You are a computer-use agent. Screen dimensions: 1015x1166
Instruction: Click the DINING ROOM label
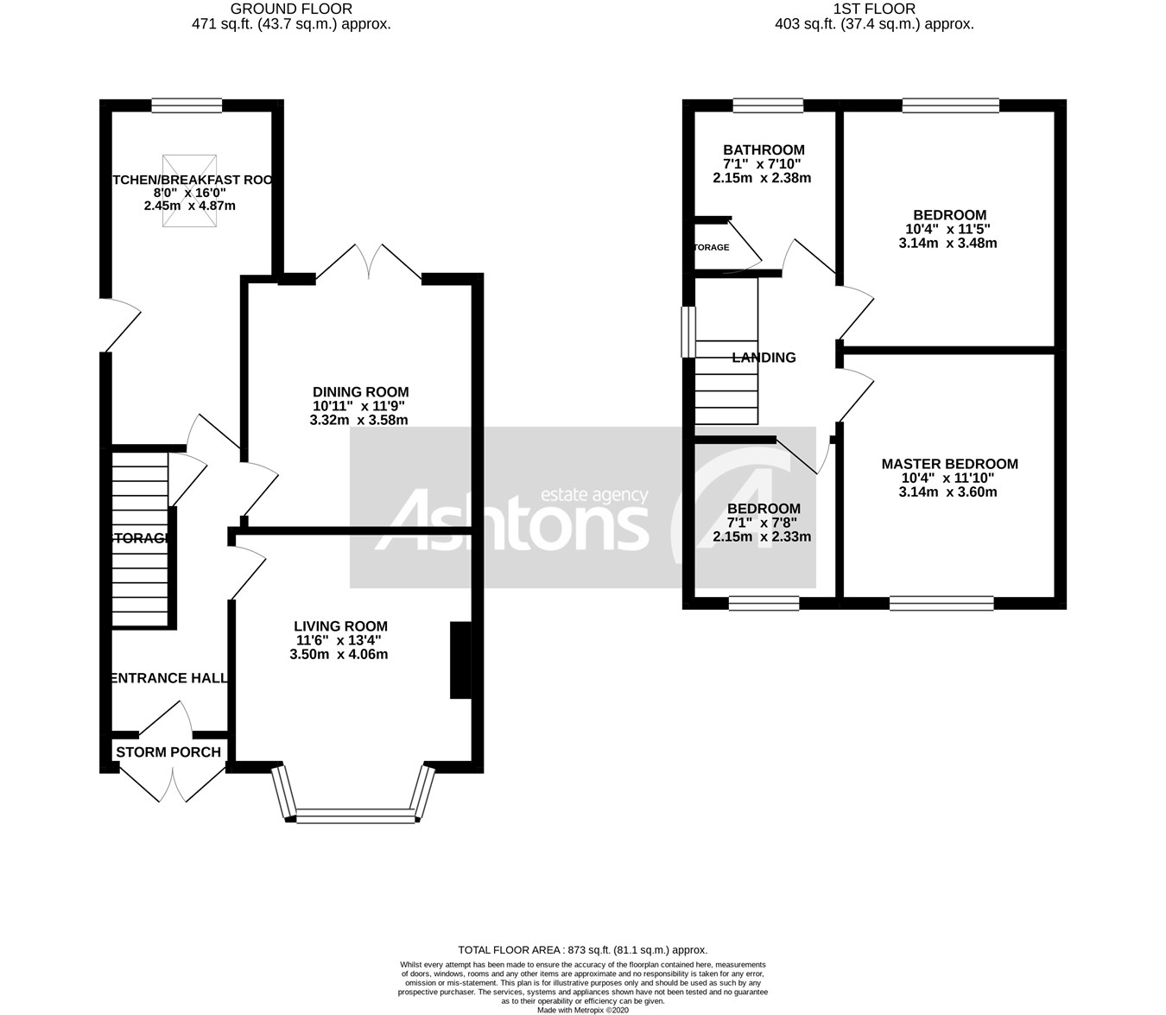pyautogui.click(x=360, y=392)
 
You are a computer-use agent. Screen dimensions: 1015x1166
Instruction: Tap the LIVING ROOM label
pyautogui.click(x=340, y=626)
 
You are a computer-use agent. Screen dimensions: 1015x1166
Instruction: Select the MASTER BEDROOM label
pyautogui.click(x=949, y=464)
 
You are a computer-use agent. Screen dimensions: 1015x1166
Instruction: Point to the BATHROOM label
pyautogui.click(x=764, y=150)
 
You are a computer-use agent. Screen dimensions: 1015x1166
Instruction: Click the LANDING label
pyautogui.click(x=764, y=358)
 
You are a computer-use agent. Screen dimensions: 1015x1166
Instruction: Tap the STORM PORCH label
pyautogui.click(x=168, y=752)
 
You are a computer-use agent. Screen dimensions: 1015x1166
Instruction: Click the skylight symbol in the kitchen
pyautogui.click(x=189, y=192)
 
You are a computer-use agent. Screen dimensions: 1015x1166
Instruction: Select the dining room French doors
pyautogui.click(x=370, y=263)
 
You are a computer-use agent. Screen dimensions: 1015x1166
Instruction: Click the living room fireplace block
pyautogui.click(x=460, y=660)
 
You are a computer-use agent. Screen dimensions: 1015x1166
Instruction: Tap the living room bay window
pyautogui.click(x=355, y=815)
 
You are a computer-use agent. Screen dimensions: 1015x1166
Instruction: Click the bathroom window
pyautogui.click(x=768, y=105)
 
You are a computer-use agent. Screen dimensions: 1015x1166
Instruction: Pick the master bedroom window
pyautogui.click(x=941, y=603)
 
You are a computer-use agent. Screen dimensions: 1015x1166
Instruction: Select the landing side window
pyautogui.click(x=688, y=332)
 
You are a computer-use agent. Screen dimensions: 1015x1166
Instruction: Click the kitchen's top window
pyautogui.click(x=187, y=105)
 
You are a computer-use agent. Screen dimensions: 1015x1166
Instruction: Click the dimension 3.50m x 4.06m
pyautogui.click(x=339, y=655)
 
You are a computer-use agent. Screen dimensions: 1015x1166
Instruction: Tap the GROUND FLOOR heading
pyautogui.click(x=291, y=10)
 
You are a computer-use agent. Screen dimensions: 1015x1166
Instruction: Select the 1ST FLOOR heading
pyautogui.click(x=874, y=10)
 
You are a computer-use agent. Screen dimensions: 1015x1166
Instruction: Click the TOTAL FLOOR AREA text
pyautogui.click(x=582, y=949)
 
